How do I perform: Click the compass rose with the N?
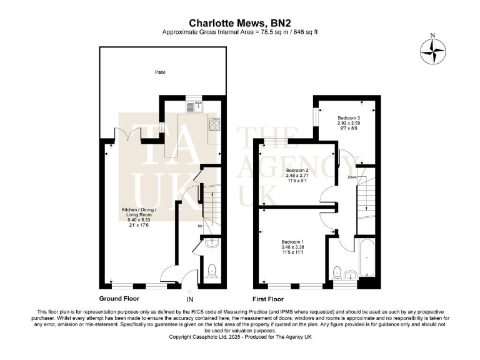point(431,52)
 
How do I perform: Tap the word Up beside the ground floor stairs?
point(200,225)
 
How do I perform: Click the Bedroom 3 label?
point(349,117)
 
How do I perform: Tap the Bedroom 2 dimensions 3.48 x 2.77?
point(298,176)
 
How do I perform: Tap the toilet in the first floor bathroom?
point(337,272)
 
